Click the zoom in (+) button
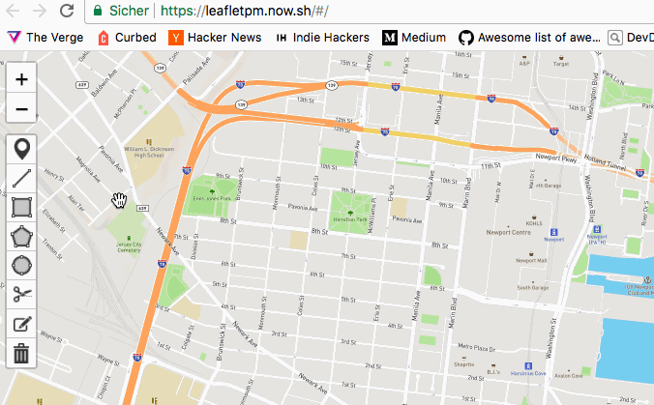(21, 79)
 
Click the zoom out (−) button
(21, 109)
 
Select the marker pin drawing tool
(21, 149)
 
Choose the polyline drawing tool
(21, 178)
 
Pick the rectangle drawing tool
(21, 207)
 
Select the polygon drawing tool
(21, 236)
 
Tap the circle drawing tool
(21, 265)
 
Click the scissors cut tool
(21, 294)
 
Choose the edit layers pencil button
(21, 324)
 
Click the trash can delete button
(21, 353)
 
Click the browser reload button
(66, 11)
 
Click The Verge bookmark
(46, 38)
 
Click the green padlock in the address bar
(99, 12)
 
